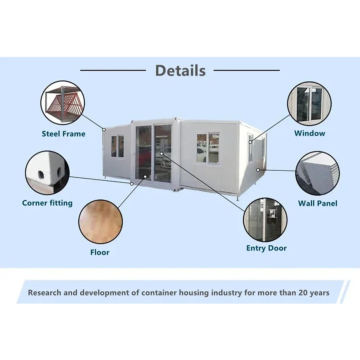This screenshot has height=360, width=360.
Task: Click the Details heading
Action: [x=180, y=71]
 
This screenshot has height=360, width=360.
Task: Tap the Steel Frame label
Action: [x=63, y=134]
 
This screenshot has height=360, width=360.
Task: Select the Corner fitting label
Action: [x=47, y=203]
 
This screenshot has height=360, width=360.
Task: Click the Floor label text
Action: [x=100, y=252]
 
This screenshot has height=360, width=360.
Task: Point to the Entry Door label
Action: [x=266, y=248]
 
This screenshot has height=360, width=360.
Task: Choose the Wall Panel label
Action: [x=317, y=203]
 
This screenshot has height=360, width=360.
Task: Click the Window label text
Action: [x=310, y=133]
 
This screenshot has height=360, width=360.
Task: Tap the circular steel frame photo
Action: [x=63, y=103]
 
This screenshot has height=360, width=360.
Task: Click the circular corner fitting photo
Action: [x=47, y=173]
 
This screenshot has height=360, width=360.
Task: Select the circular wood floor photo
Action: [x=100, y=222]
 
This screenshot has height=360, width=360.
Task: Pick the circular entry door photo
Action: [x=265, y=220]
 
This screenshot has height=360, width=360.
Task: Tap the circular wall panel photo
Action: [x=317, y=173]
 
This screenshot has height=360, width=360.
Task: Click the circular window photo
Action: [x=309, y=103]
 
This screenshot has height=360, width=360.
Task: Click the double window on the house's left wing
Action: [x=117, y=146]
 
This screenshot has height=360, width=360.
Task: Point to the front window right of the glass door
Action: [x=208, y=148]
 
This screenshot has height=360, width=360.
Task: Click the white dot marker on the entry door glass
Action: [x=161, y=154]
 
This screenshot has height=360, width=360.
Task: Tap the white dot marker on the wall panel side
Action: [x=258, y=170]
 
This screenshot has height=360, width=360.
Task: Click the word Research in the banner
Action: [x=44, y=292]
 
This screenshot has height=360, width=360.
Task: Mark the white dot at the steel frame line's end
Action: [x=104, y=130]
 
